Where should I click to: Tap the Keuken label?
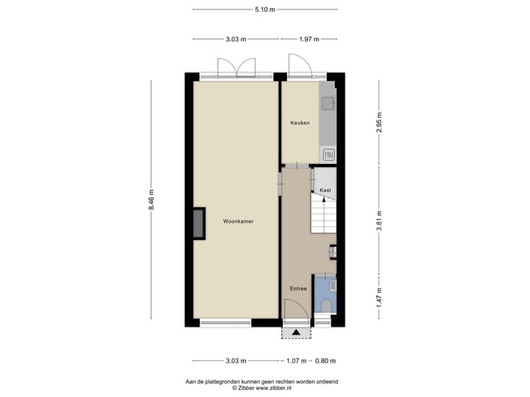click(x=300, y=123)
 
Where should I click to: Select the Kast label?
click(x=325, y=190)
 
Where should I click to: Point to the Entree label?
click(x=298, y=288)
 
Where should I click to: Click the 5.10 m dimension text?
click(x=264, y=10)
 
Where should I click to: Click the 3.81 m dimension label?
click(x=380, y=222)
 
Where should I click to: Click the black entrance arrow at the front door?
click(x=296, y=332)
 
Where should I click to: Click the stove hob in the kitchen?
click(x=328, y=154)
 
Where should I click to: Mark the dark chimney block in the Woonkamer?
click(x=198, y=223)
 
